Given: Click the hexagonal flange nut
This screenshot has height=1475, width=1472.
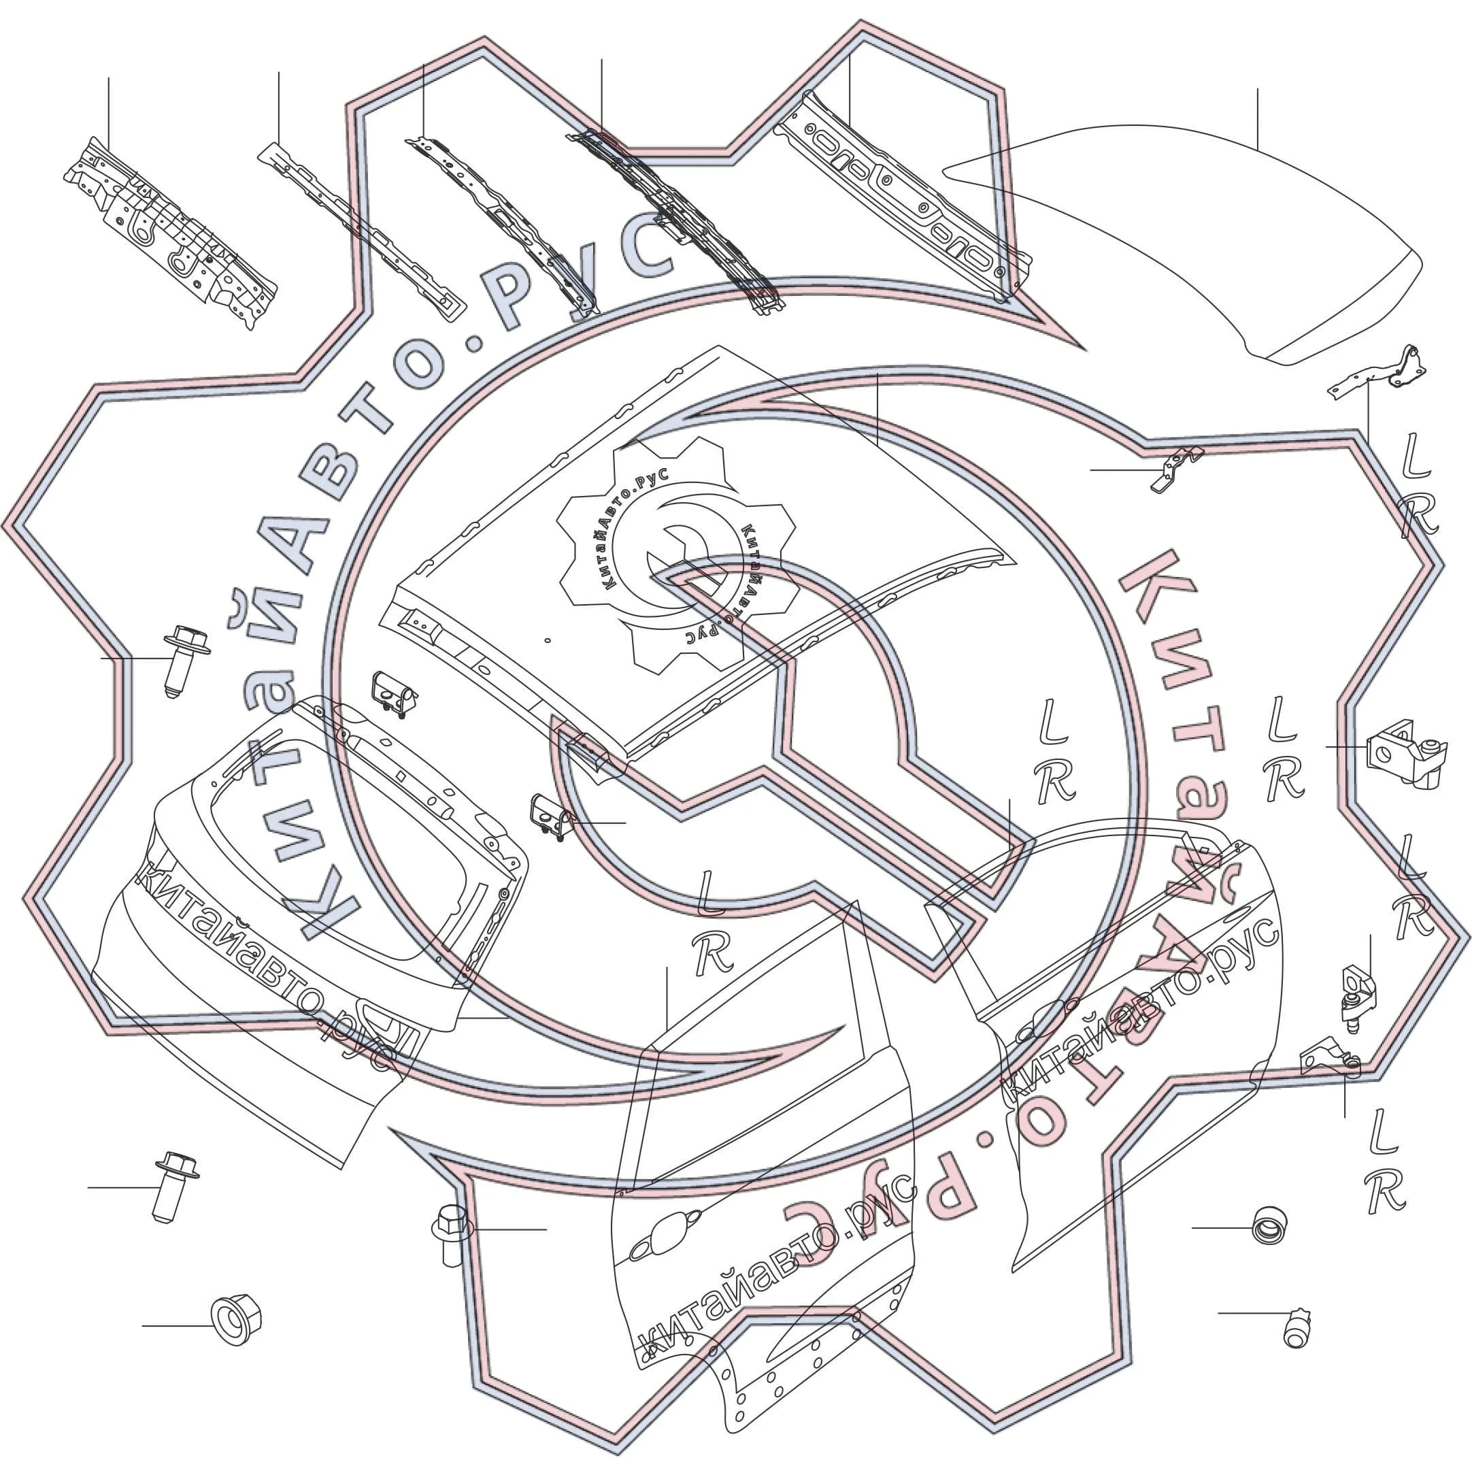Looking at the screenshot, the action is (x=236, y=1319).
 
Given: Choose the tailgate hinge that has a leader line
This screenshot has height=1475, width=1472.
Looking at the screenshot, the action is (x=550, y=818).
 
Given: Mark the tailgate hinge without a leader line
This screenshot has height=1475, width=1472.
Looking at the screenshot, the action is (x=394, y=695).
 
